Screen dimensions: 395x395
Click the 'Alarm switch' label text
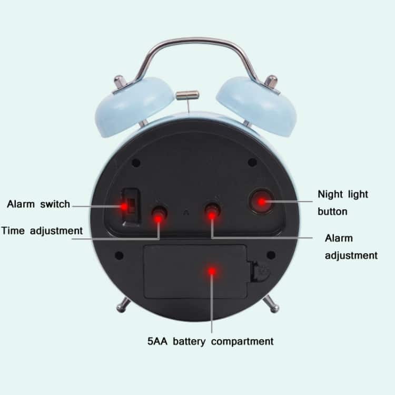pos(38,204)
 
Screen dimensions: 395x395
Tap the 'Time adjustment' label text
pos(42,231)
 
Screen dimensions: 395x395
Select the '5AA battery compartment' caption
pos(210,342)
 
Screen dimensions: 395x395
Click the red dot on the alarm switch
pos(124,207)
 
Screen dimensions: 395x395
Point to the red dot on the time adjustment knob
pos(158,218)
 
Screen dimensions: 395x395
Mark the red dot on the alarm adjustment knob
pos(212,215)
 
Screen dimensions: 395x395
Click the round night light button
pos(262,201)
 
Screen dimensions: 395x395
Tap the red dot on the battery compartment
pos(212,271)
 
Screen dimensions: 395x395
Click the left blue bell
pos(134,107)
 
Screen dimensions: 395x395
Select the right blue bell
pos(256,107)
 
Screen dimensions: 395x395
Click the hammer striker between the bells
pos(187,95)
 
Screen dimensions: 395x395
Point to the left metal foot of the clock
pos(123,305)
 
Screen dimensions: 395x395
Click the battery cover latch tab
pos(261,272)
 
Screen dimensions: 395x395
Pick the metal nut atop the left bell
pos(118,82)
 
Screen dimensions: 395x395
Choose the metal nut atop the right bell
pos(271,82)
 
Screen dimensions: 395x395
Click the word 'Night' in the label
pos(330,195)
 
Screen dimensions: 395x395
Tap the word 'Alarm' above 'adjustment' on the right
pos(339,238)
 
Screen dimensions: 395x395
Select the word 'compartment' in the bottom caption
pos(242,342)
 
